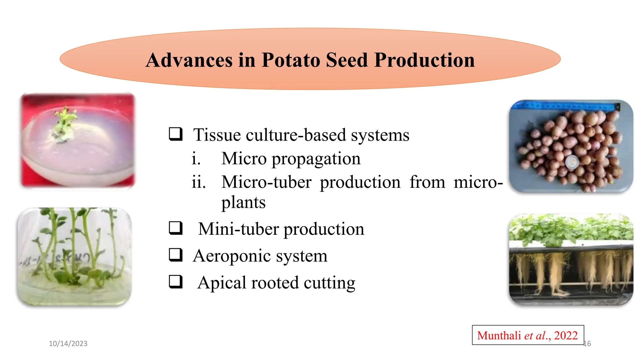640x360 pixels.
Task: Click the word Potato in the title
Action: tap(291, 60)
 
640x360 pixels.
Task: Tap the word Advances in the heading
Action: tap(189, 60)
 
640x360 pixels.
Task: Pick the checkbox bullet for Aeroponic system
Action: tap(176, 255)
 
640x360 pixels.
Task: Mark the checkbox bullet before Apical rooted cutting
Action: tap(176, 282)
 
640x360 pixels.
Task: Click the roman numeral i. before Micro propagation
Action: tap(196, 158)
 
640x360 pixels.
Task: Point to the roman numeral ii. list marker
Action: tap(199, 182)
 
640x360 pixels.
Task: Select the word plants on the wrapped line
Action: tap(243, 202)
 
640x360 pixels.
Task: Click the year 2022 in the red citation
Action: tap(566, 335)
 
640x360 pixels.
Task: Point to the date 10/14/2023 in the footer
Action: tap(68, 343)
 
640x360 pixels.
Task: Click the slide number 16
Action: tap(587, 343)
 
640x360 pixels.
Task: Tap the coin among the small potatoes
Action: tap(572, 162)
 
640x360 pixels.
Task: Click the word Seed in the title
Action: tap(347, 60)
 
